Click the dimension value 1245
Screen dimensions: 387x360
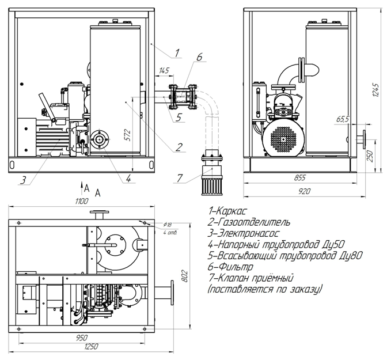375,90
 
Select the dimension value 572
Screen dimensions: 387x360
127,135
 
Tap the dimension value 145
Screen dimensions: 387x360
164,71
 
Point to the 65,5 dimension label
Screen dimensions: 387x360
343,119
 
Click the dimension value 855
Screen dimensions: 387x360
300,177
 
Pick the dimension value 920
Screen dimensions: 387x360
304,191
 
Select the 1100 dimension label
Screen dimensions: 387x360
82,201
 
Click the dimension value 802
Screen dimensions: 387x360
185,276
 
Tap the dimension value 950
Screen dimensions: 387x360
81,338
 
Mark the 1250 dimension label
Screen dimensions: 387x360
91,347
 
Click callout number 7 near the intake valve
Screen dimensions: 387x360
180,178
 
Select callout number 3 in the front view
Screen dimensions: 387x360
23,180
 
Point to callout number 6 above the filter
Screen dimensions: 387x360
199,57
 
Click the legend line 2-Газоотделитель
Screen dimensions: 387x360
249,222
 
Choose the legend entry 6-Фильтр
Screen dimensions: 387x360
230,267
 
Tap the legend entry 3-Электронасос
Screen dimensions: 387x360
244,233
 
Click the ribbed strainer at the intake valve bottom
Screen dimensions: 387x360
212,185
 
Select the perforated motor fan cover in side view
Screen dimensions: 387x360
283,139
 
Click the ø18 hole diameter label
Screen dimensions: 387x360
168,225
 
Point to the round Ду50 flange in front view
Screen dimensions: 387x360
100,139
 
